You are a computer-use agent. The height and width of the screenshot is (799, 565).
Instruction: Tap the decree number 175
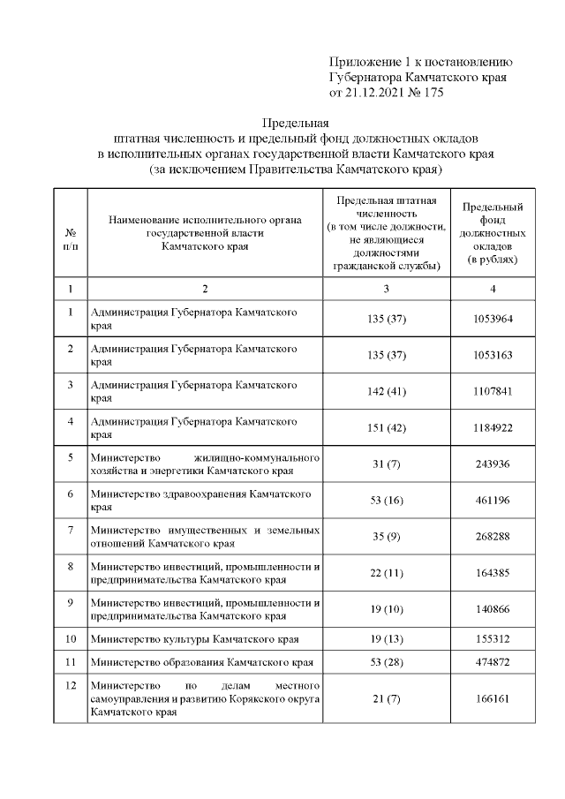[433, 92]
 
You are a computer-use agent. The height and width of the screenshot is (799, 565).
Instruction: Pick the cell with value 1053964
[493, 320]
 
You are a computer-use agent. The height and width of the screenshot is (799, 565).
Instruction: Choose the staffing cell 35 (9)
[387, 537]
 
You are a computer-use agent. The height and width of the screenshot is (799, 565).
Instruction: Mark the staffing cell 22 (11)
[387, 573]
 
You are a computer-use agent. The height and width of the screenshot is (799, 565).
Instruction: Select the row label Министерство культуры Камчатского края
[194, 638]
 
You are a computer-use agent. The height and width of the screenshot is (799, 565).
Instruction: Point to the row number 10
[70, 638]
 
